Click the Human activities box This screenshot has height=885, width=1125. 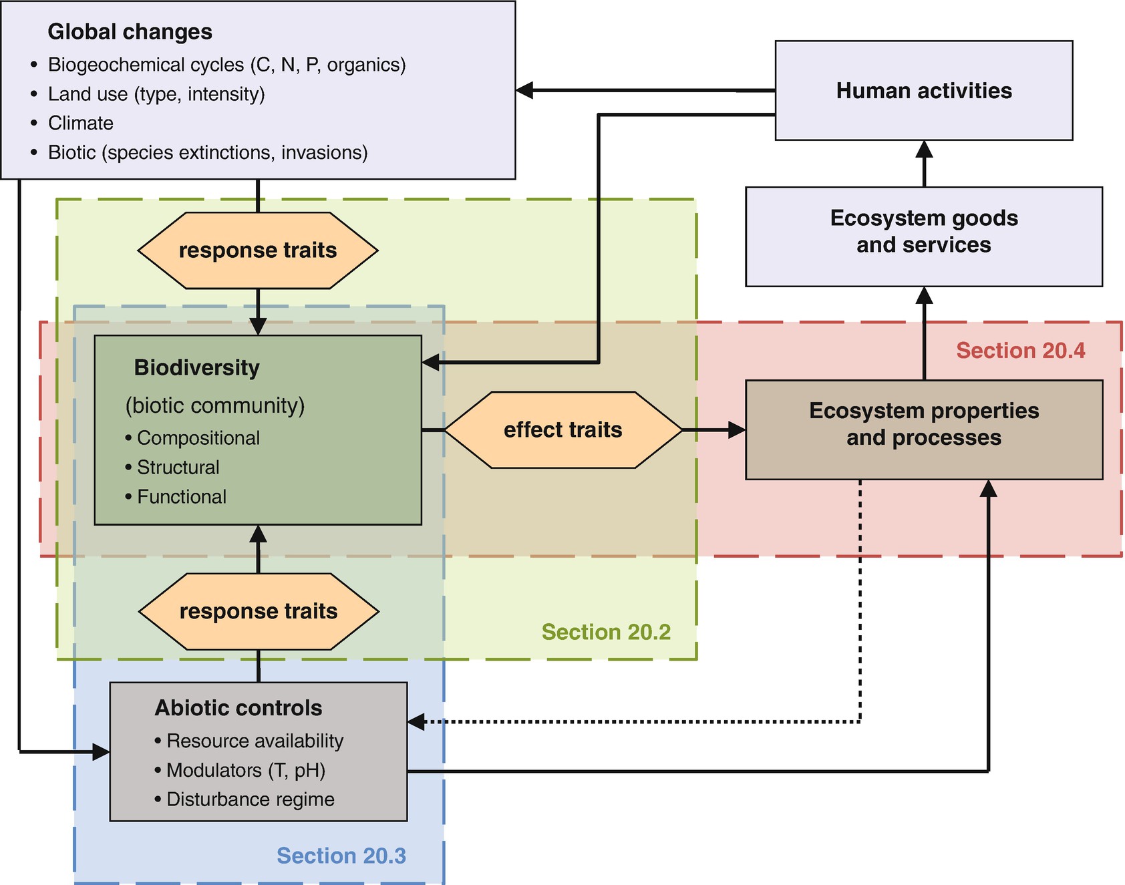[x=923, y=91]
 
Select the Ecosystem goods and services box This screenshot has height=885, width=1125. [x=923, y=236]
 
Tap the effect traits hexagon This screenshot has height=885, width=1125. [x=562, y=429]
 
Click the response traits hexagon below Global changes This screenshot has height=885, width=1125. [x=258, y=250]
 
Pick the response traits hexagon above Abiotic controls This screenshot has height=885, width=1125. [x=259, y=611]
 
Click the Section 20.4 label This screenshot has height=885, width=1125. [x=1020, y=350]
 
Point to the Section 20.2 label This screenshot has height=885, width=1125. [x=605, y=632]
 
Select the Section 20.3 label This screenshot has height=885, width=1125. [x=341, y=856]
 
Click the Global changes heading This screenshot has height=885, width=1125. [x=130, y=32]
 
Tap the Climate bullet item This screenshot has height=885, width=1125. [x=80, y=123]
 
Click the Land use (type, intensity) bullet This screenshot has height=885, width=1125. [x=156, y=94]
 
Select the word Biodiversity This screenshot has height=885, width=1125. [x=196, y=367]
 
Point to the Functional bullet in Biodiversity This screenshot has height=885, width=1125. [x=181, y=497]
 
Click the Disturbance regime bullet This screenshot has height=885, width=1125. [x=250, y=800]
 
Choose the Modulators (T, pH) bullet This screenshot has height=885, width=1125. [x=245, y=770]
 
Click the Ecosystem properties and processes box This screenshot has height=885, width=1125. [x=923, y=429]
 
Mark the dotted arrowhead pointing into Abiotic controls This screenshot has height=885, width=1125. [x=416, y=721]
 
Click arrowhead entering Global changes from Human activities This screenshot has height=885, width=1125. [x=525, y=90]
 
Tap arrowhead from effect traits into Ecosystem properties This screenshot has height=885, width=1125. [x=737, y=429]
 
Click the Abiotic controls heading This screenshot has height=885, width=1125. [x=238, y=708]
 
